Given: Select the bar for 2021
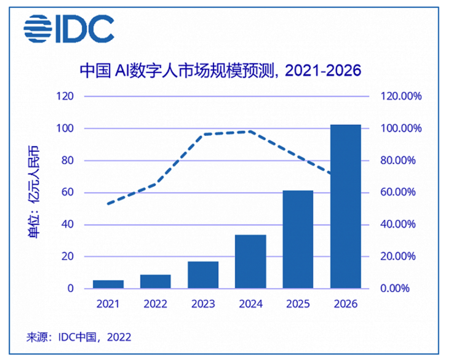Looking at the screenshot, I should click(108, 284).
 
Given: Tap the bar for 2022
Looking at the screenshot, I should click(156, 281).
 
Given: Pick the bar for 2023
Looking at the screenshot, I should click(203, 275).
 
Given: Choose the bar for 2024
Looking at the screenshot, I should click(250, 262).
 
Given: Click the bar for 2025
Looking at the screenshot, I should click(298, 239).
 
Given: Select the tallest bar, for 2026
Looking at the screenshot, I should click(345, 206).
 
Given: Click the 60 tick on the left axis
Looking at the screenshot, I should click(68, 193).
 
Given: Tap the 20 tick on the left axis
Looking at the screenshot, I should click(68, 257).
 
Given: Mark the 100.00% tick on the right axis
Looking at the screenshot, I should click(399, 129).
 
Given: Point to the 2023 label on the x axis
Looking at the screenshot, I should click(203, 304).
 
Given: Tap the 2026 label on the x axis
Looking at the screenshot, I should click(345, 304).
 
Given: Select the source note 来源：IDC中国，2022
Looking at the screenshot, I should click(78, 337).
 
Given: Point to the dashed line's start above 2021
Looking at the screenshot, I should click(108, 204).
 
